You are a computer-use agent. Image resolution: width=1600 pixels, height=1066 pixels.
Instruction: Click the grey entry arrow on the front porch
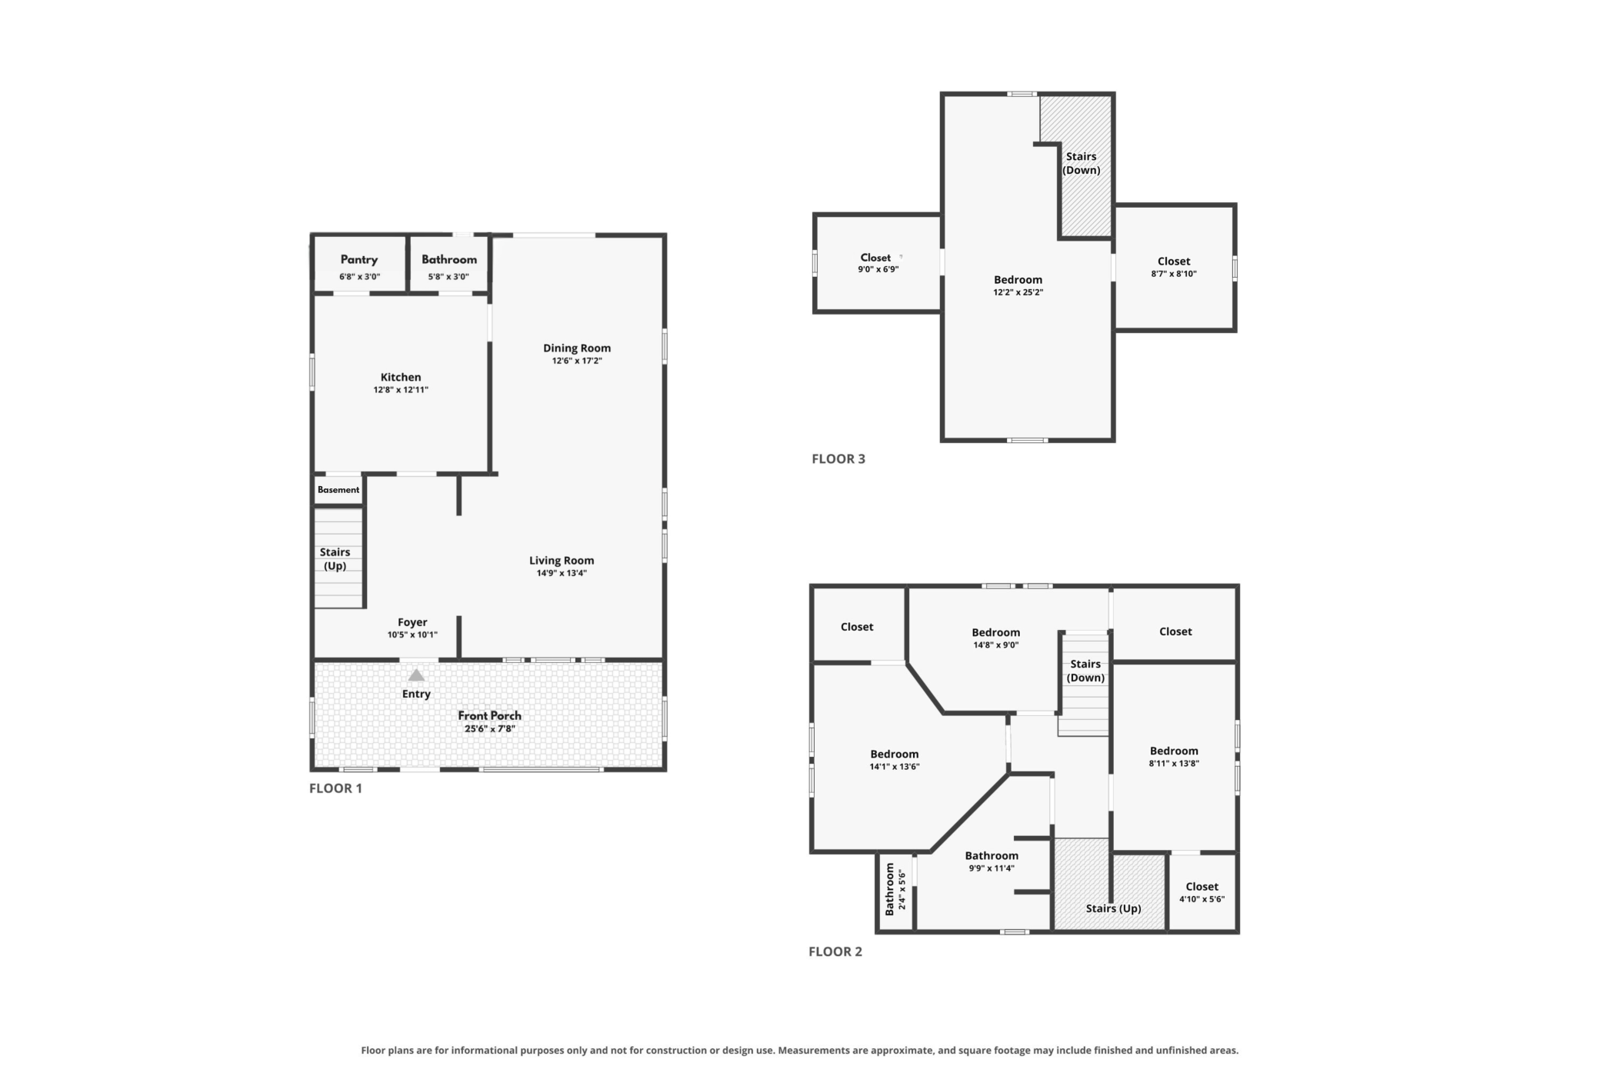click(416, 675)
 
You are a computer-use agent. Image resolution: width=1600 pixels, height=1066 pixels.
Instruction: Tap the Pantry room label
click(359, 260)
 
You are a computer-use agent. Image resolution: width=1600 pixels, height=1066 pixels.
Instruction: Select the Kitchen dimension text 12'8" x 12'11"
click(401, 390)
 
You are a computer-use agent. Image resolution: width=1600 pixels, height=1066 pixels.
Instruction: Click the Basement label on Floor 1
click(338, 490)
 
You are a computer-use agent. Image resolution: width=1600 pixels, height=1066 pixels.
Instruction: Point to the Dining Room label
click(577, 348)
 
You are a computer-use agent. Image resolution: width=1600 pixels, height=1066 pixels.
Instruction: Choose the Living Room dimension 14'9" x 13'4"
click(562, 573)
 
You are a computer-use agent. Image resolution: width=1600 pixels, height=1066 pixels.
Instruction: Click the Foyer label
click(412, 622)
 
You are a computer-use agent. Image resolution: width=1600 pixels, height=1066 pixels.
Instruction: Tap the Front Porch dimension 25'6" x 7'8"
click(490, 729)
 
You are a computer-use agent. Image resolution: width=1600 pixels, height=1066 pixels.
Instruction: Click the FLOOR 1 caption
click(335, 788)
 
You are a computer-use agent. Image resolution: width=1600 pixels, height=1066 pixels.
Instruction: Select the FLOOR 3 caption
click(838, 459)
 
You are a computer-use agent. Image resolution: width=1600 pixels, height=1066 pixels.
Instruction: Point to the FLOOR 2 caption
click(835, 951)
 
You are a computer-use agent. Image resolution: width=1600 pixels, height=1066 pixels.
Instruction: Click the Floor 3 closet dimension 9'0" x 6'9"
click(878, 269)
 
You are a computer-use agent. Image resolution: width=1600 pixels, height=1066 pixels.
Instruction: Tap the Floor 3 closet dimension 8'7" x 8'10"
click(1174, 274)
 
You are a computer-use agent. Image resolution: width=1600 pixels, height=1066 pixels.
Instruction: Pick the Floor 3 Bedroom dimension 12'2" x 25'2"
click(1018, 292)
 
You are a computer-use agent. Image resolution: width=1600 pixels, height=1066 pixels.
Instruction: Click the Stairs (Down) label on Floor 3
click(1082, 163)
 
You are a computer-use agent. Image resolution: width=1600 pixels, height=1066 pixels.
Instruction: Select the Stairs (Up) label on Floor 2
click(1114, 908)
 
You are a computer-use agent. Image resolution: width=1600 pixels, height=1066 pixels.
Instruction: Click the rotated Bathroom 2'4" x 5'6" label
click(895, 889)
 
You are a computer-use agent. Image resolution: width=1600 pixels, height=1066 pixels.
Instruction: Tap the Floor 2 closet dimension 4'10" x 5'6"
click(1202, 899)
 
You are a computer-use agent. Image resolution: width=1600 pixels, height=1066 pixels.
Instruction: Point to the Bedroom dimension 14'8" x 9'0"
click(996, 645)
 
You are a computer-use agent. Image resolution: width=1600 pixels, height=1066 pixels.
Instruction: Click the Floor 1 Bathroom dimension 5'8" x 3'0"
click(448, 277)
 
